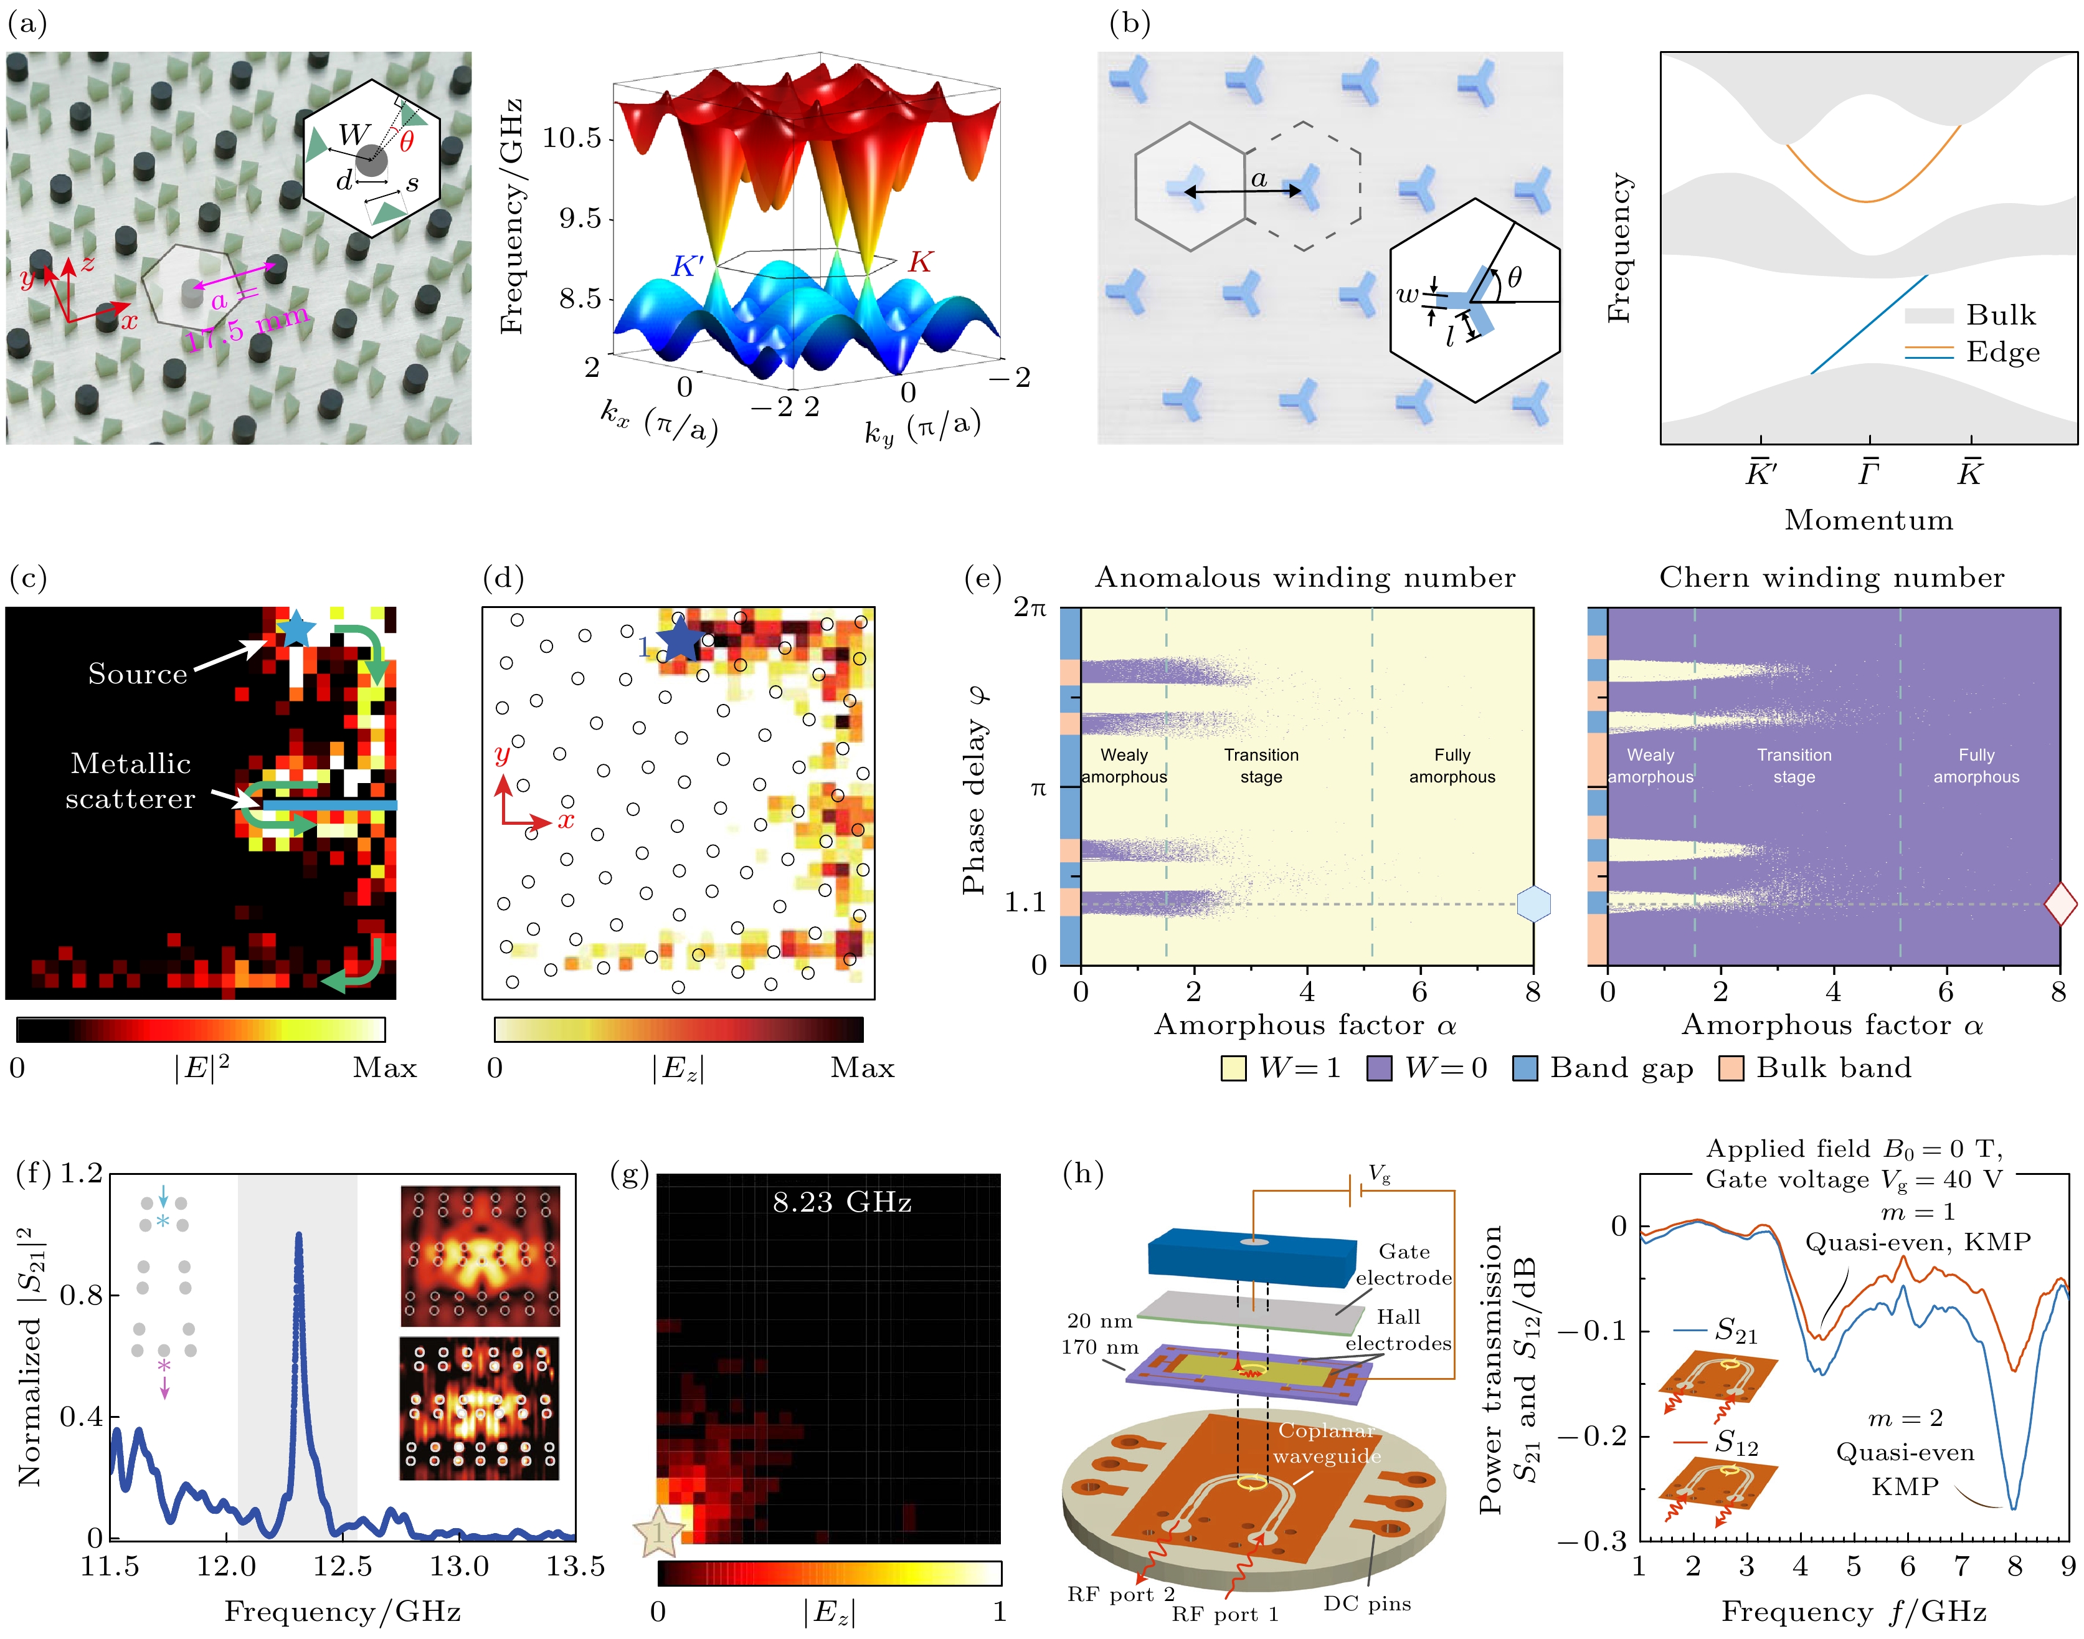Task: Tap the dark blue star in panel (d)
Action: coord(680,638)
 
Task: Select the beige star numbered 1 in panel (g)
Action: coord(658,1532)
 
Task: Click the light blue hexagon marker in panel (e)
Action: coord(1533,904)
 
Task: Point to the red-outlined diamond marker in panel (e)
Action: coord(2060,904)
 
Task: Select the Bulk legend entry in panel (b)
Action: coord(1999,315)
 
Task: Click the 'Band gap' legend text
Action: coord(1621,1068)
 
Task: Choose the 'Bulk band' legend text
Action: coord(1832,1068)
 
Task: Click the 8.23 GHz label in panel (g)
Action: coord(841,1202)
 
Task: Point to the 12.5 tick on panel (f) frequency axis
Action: coord(343,1568)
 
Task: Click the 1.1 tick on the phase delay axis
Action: coord(1025,903)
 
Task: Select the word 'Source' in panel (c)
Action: coord(137,673)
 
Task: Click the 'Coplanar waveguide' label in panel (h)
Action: coord(1327,1443)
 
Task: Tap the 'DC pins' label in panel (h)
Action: coord(1366,1603)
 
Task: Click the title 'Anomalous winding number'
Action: coord(1305,577)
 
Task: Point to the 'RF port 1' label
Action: coord(1224,1614)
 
